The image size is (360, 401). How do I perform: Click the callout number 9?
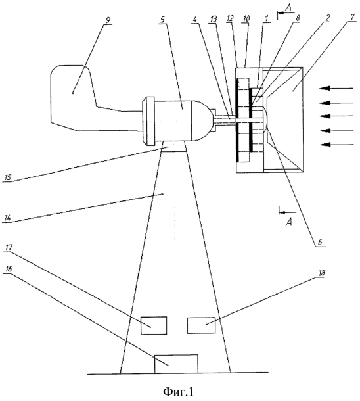point(108,20)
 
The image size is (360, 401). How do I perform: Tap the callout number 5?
point(163,20)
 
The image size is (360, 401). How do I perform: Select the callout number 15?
point(8,177)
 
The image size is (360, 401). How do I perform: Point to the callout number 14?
point(7,218)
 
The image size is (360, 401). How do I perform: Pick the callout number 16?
point(8,269)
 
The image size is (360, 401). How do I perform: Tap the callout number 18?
point(321,273)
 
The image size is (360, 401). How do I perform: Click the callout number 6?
point(320,242)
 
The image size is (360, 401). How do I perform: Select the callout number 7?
point(352,17)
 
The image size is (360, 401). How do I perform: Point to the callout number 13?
point(213,19)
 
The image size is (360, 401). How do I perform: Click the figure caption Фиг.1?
point(178,391)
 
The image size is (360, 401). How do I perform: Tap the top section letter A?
point(288,8)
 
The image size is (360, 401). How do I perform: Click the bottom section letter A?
point(288,222)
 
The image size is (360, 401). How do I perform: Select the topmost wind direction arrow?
point(336,89)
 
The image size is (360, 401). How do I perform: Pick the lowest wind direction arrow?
point(336,145)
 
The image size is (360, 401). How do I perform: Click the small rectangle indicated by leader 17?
point(154,325)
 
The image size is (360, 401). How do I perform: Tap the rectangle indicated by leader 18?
point(201,325)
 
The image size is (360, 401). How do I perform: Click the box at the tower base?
point(176,364)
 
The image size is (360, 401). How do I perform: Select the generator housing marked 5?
point(176,121)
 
